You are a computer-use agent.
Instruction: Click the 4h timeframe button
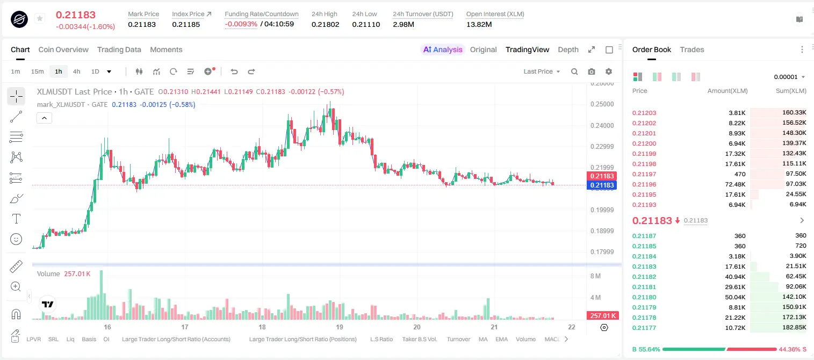click(x=76, y=71)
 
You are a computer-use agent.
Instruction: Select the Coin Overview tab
click(x=63, y=49)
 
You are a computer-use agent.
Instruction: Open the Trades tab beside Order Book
click(x=692, y=49)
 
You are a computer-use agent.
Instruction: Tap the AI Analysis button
click(x=443, y=49)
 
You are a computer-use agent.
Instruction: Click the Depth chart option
click(x=568, y=49)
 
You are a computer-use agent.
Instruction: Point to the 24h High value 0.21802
click(x=325, y=24)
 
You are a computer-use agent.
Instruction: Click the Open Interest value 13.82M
click(x=479, y=24)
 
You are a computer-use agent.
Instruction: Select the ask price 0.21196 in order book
click(x=644, y=184)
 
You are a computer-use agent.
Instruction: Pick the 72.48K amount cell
click(x=735, y=184)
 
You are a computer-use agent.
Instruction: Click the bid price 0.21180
click(x=644, y=297)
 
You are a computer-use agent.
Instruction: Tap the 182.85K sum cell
click(x=794, y=327)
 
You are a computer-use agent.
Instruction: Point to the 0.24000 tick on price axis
click(x=602, y=125)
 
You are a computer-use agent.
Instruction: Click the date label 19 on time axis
click(x=340, y=327)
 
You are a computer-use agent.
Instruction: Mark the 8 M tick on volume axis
click(x=596, y=276)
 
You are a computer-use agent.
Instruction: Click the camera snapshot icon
click(x=592, y=71)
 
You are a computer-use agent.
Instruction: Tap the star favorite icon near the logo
click(x=40, y=18)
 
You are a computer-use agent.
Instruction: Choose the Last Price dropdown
click(x=542, y=71)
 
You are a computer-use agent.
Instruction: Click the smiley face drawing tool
click(x=16, y=239)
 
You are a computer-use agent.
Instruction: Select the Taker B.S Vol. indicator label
click(x=419, y=339)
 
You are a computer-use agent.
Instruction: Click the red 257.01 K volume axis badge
click(x=602, y=316)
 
